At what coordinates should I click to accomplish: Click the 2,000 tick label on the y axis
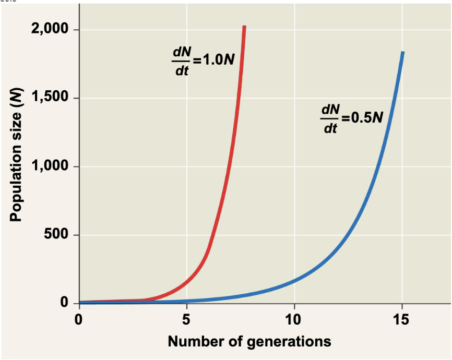coord(50,30)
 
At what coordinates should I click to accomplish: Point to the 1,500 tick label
coord(50,98)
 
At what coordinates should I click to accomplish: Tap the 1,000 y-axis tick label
coord(50,166)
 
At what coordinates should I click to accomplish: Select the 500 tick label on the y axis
coord(57,235)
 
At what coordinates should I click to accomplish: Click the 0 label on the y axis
coord(64,303)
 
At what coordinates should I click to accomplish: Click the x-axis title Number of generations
coord(249,342)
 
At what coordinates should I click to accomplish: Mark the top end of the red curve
coord(244,27)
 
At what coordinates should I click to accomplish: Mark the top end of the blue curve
coord(402,53)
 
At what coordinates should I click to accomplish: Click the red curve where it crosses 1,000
coord(227,166)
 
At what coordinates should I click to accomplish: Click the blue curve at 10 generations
coord(294,281)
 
